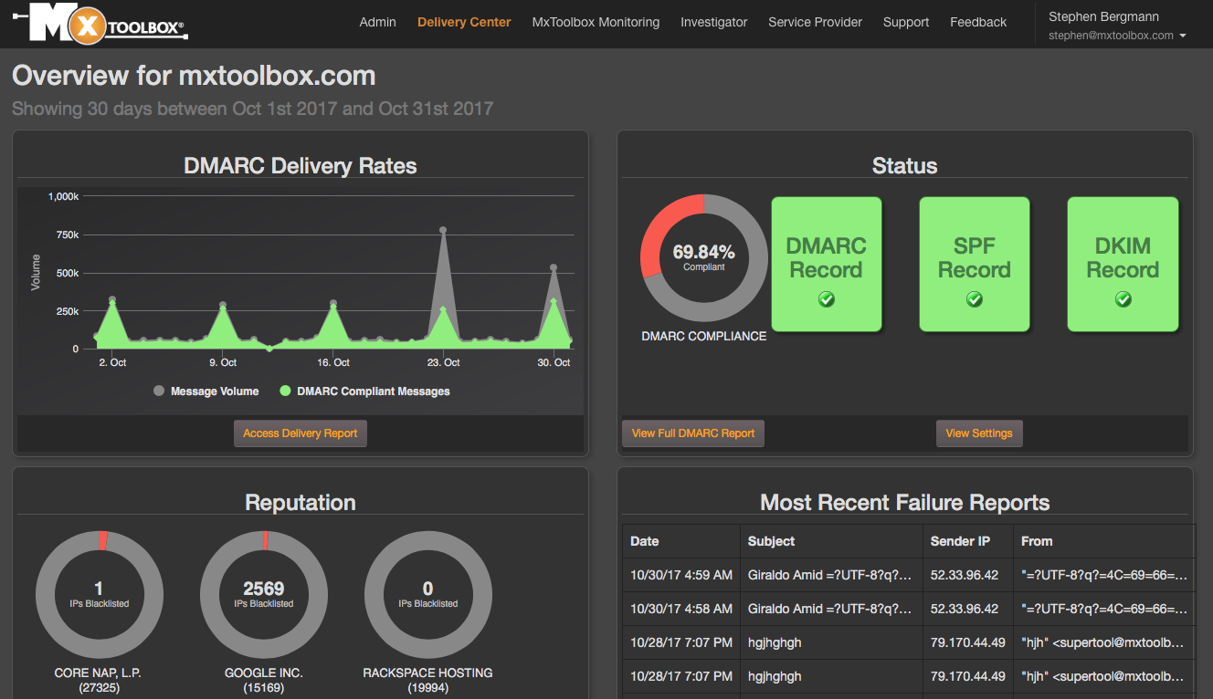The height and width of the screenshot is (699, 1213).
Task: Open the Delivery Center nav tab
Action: (x=464, y=22)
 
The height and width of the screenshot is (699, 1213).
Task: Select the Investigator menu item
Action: (x=713, y=22)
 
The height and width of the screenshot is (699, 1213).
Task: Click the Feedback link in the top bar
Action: (x=978, y=22)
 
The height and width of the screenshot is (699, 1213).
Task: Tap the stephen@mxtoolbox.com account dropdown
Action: (x=1117, y=36)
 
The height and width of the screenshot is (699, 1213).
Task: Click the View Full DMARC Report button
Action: (x=693, y=433)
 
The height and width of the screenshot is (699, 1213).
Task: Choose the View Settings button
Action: (x=979, y=433)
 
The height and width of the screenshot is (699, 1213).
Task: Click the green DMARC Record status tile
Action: (x=827, y=264)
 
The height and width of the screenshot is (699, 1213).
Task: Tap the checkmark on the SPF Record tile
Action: (x=975, y=299)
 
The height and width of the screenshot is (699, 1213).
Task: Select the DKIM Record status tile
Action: (x=1123, y=264)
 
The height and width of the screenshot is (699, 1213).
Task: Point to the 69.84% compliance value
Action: (x=703, y=252)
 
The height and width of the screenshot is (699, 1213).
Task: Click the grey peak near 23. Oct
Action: (x=443, y=231)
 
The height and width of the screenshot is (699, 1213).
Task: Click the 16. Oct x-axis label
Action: (x=333, y=362)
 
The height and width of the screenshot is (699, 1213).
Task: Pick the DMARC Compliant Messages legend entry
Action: (x=364, y=391)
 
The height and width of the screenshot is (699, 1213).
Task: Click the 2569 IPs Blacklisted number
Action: (x=264, y=589)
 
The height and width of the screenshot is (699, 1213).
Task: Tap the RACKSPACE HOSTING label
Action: (x=427, y=673)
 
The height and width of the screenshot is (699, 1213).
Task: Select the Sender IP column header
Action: (x=959, y=541)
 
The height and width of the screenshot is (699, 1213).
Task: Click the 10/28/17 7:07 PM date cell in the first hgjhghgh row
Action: (x=680, y=642)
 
